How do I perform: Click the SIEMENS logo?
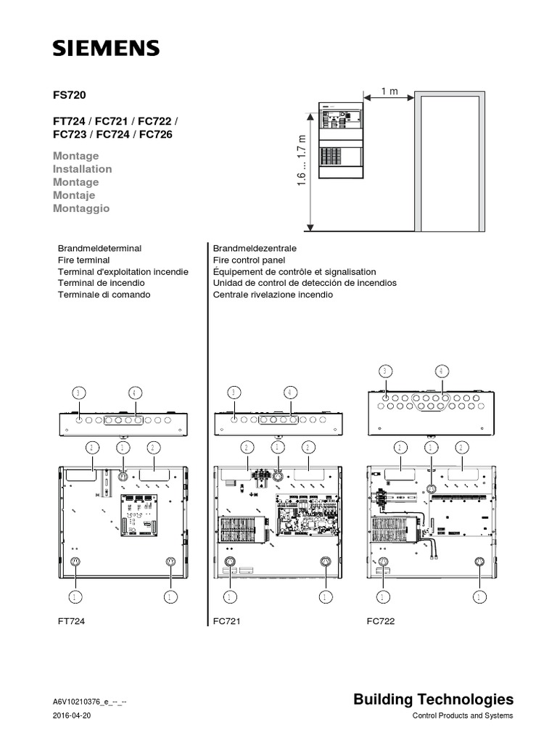tap(106, 49)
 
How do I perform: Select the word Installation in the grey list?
tap(82, 169)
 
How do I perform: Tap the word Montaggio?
tap(81, 208)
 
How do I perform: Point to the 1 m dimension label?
tap(389, 91)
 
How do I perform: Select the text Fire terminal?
tap(83, 260)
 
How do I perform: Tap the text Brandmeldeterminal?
tap(99, 248)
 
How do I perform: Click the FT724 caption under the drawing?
tap(71, 622)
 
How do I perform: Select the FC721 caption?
tap(226, 622)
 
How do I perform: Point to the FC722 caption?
tap(381, 622)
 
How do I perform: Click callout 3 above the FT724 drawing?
tap(80, 393)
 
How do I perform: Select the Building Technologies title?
tap(433, 699)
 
